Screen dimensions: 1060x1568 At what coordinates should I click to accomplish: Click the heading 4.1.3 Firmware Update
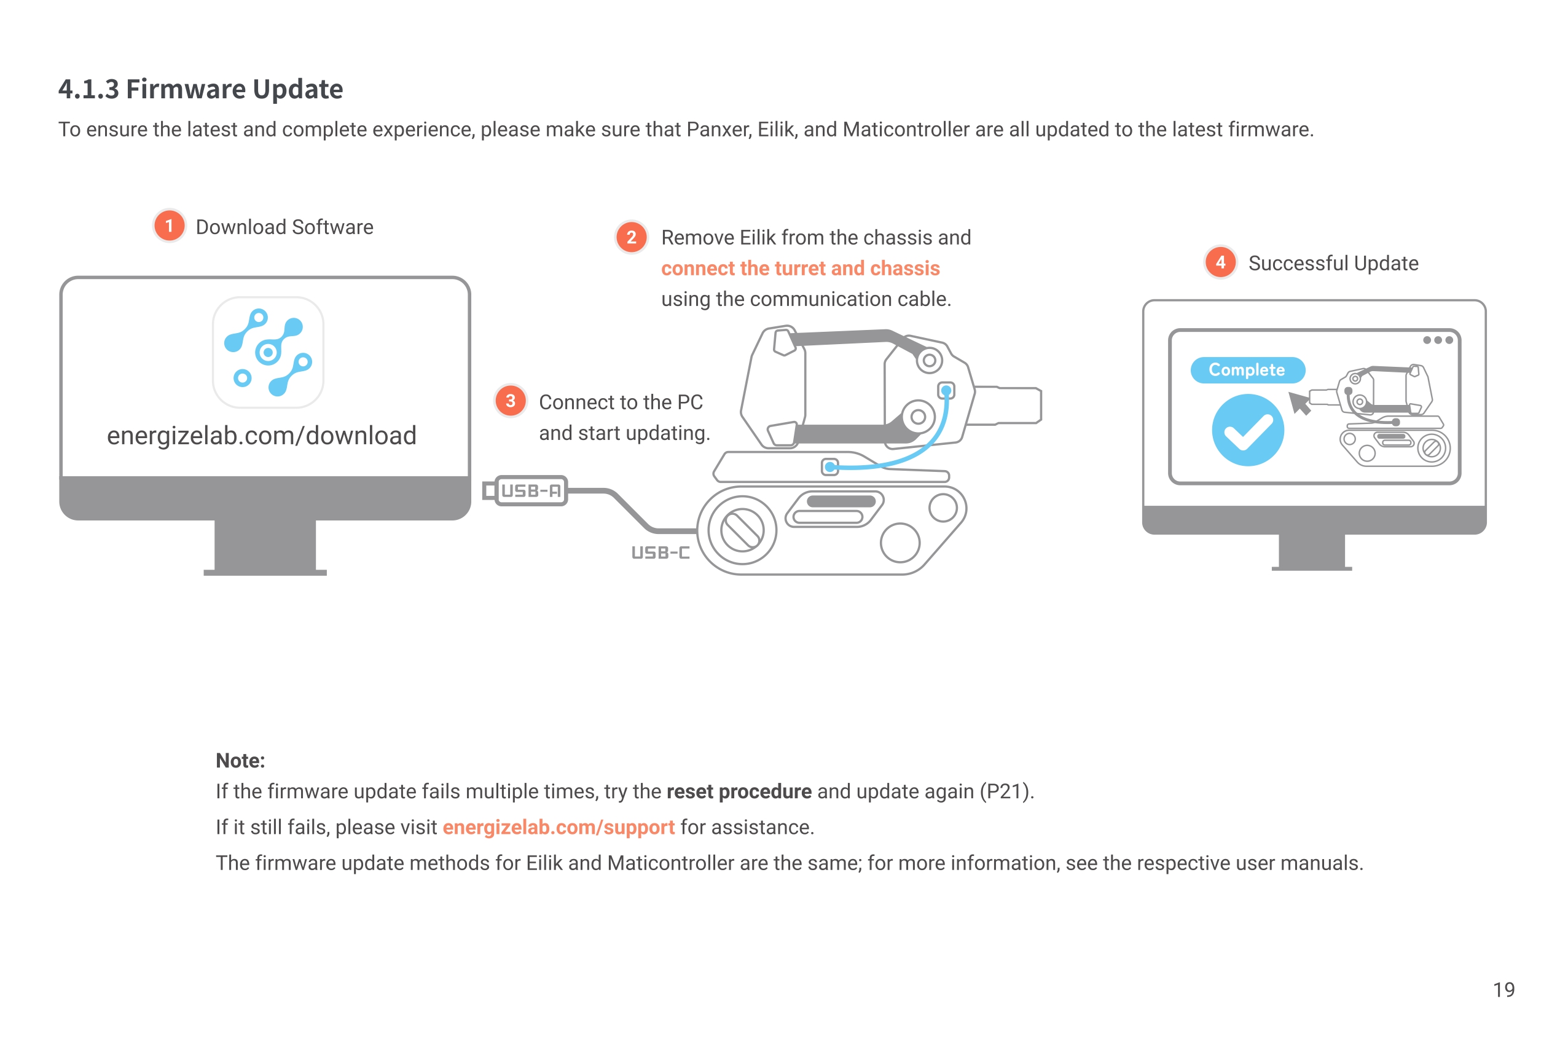click(200, 89)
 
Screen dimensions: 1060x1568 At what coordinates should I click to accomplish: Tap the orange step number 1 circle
click(170, 226)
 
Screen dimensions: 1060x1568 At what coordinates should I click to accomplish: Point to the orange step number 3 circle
click(511, 401)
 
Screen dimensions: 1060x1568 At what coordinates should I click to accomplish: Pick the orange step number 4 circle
click(1220, 262)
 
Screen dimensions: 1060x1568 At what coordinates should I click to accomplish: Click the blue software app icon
click(268, 351)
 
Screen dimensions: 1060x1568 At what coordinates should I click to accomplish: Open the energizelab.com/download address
click(261, 435)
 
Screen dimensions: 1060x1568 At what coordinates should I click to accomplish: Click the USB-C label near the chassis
click(660, 552)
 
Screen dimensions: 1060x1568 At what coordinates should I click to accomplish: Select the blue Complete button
click(1247, 370)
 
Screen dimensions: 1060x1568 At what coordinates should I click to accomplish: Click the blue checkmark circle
click(1247, 431)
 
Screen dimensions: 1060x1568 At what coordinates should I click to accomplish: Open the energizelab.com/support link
click(558, 826)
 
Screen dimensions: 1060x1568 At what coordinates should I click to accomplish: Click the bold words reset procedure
click(739, 791)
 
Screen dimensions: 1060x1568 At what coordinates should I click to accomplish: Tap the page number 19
click(1503, 989)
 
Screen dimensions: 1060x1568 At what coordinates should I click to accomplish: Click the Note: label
click(240, 760)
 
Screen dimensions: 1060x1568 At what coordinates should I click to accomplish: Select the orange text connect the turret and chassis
click(800, 268)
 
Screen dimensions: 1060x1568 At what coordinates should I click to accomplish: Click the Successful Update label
click(1333, 262)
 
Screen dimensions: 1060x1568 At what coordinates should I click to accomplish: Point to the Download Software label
click(284, 227)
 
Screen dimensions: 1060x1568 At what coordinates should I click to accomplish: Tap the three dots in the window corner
click(1437, 340)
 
